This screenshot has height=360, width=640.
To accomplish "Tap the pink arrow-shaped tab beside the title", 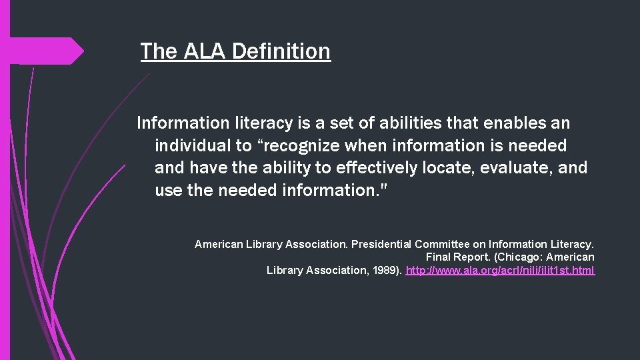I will point(47,51).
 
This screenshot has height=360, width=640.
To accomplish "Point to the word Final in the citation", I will point(438,257).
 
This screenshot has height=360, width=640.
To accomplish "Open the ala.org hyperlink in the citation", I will point(500,270).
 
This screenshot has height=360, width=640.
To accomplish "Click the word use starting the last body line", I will point(168,190).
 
